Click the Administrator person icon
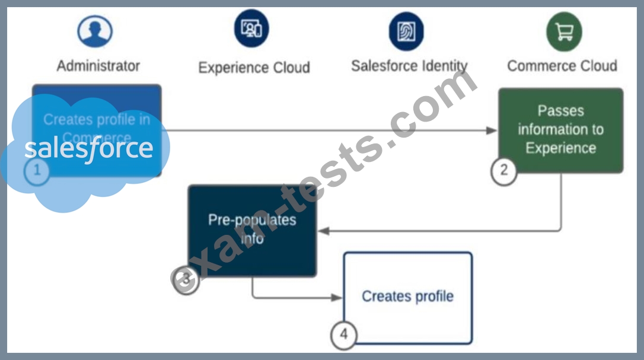(x=95, y=31)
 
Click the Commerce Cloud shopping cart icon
(x=564, y=31)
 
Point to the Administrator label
(x=98, y=66)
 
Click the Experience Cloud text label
(x=254, y=68)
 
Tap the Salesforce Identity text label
(x=409, y=66)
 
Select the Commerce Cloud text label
(x=562, y=66)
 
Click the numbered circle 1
(x=37, y=171)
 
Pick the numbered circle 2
(x=503, y=170)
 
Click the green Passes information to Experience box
(x=560, y=130)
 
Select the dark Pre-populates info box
(x=253, y=230)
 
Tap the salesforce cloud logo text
(x=89, y=148)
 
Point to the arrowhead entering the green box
(x=492, y=130)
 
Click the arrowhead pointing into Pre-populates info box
(x=323, y=231)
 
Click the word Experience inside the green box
(x=560, y=148)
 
